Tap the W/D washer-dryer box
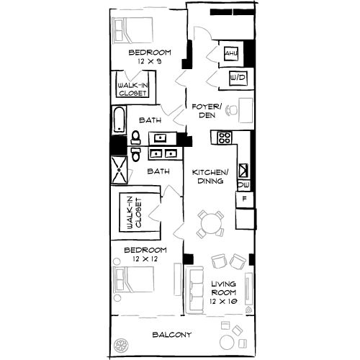[x=235, y=78]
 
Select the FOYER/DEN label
[x=204, y=111]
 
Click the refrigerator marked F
[x=245, y=198]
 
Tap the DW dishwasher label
[x=243, y=185]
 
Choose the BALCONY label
[x=172, y=335]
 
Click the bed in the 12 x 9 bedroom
[x=130, y=32]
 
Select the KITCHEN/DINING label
[x=210, y=177]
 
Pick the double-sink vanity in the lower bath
[x=163, y=153]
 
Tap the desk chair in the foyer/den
[x=230, y=111]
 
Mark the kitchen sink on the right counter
[x=243, y=171]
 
